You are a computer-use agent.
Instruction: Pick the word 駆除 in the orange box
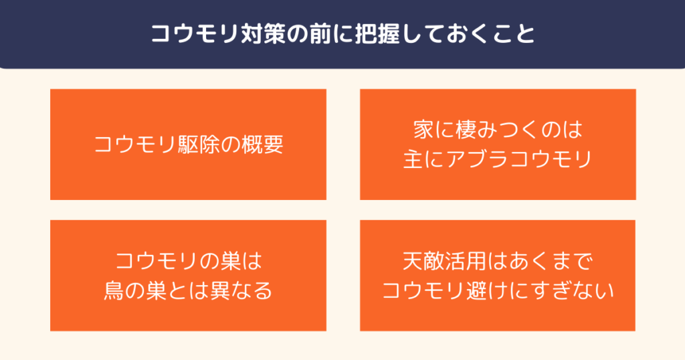pos(199,145)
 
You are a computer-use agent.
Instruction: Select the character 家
pos(423,130)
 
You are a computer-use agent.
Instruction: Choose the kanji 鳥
pos(114,291)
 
